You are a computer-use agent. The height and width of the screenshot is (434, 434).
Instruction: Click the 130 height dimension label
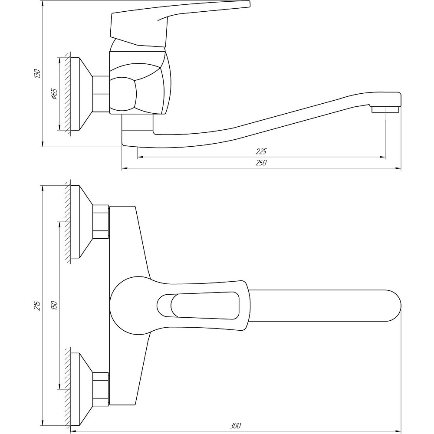tap(37, 74)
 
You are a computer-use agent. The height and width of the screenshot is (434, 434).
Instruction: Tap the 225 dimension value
tap(261, 151)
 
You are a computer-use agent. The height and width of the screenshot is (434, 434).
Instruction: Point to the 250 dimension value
tap(261, 163)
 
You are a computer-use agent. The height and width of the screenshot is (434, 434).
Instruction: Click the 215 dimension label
tap(37, 305)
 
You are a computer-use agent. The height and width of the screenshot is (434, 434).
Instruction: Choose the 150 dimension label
tap(54, 305)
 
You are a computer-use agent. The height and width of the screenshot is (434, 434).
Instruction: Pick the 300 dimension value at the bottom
tap(236, 426)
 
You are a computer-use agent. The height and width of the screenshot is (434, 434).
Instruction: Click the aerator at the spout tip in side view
tap(385, 110)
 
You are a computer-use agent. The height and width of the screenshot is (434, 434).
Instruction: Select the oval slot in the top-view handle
tap(198, 306)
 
